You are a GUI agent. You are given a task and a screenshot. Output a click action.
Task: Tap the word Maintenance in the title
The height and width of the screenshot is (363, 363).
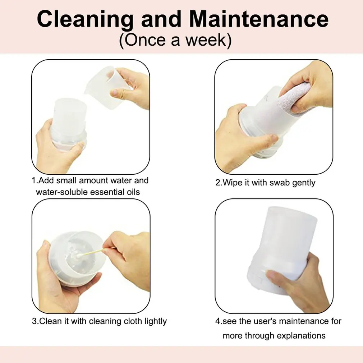[258, 19]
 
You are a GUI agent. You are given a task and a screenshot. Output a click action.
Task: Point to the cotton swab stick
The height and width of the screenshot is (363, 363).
[90, 253]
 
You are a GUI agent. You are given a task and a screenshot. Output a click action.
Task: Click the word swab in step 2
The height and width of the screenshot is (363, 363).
[280, 183]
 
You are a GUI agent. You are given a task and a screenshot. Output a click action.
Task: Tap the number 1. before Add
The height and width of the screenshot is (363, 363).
[35, 180]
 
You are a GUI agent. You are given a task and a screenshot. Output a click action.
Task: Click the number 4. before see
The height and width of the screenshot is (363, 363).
[219, 321]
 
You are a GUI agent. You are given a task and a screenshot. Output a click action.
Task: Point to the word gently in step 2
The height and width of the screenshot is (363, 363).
[304, 183]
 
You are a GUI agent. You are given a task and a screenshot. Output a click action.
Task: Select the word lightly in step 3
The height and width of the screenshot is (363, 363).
[156, 322]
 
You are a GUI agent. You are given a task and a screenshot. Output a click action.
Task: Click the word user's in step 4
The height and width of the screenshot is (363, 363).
[265, 321]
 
